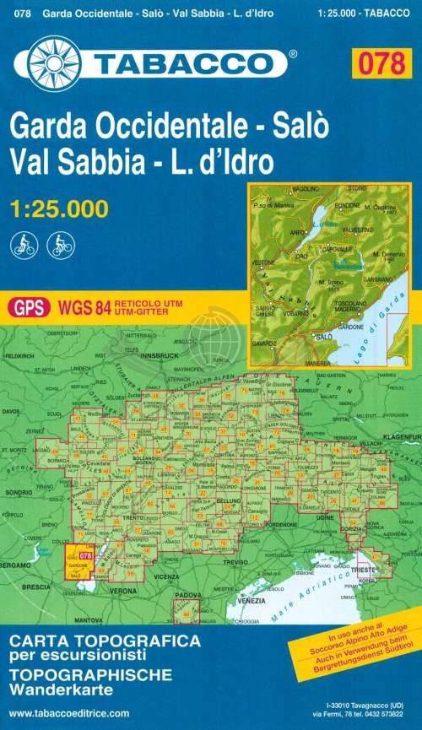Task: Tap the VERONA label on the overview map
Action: (x=123, y=592)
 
